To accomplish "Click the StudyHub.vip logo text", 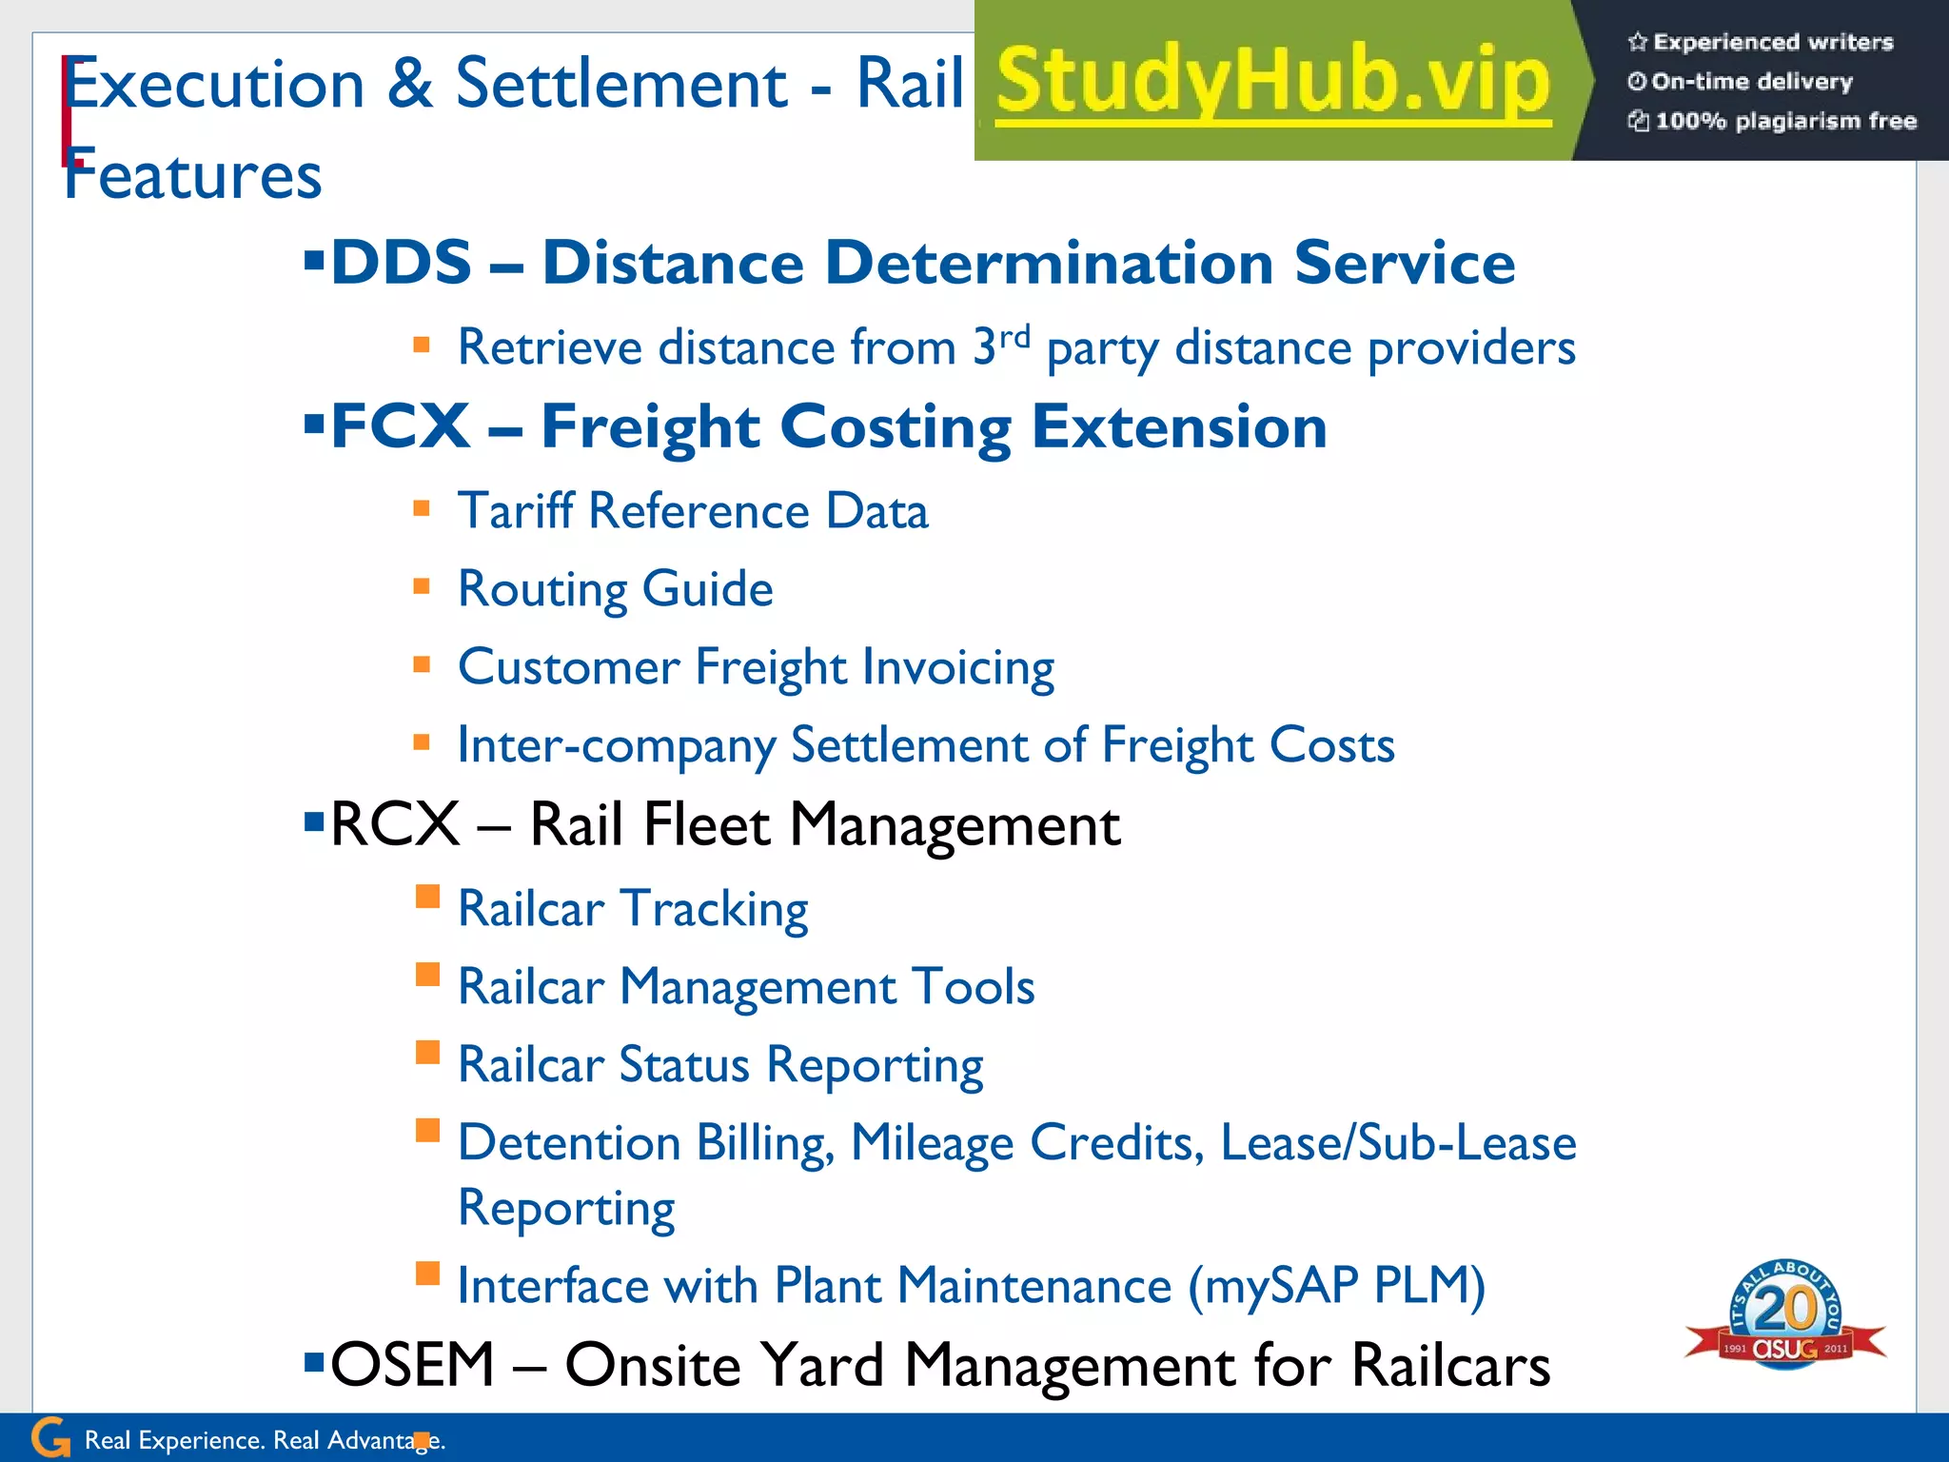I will tap(1273, 82).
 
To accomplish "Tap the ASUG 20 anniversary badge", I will tap(1785, 1314).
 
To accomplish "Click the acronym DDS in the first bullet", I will tap(401, 263).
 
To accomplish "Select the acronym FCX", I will tap(400, 426).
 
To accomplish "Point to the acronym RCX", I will tap(395, 824).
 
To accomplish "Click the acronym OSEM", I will tap(412, 1365).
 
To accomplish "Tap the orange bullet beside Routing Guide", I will tap(422, 586).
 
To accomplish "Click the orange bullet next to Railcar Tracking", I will tap(427, 897).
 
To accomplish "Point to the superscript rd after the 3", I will tap(1014, 337).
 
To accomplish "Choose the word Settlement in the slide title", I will tap(621, 84).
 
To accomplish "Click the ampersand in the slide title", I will tap(410, 84).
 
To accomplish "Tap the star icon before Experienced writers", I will tap(1637, 42).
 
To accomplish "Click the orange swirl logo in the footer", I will tap(50, 1437).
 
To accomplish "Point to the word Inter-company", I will tap(616, 745).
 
